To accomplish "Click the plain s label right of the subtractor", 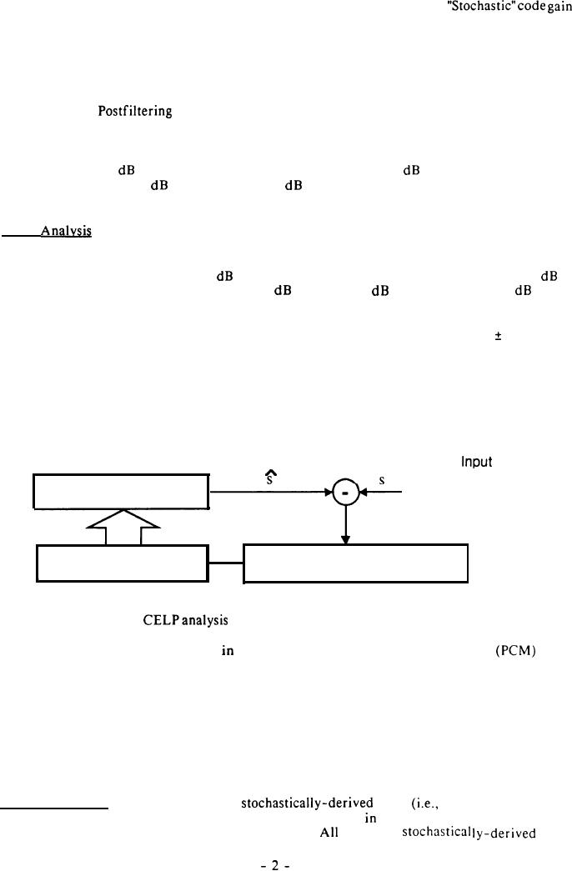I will point(380,480).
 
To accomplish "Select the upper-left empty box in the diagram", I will point(121,491).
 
